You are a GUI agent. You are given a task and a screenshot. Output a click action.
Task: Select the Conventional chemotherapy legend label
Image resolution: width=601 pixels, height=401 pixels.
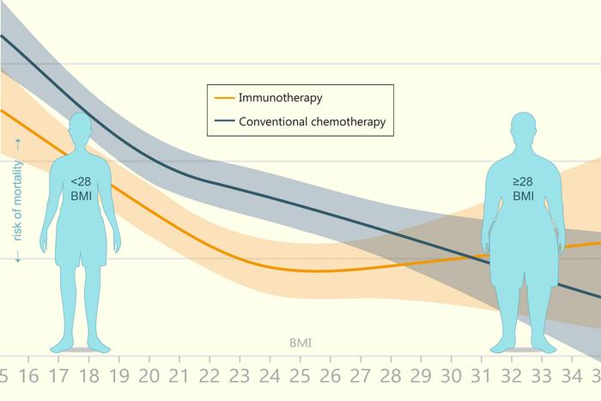312,122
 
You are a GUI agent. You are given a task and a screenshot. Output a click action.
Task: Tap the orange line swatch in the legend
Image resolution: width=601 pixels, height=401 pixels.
223,98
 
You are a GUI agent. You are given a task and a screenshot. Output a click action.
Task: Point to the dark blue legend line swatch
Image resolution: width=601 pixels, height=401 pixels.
223,122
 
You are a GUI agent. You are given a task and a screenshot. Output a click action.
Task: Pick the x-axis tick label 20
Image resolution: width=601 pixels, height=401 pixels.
149,376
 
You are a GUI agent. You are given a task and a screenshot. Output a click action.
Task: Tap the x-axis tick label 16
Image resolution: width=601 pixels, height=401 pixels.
28,376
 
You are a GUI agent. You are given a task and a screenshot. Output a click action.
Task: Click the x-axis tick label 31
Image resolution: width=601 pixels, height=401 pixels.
486,376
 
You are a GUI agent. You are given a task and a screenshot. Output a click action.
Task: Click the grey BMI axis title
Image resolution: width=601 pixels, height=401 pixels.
300,343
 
